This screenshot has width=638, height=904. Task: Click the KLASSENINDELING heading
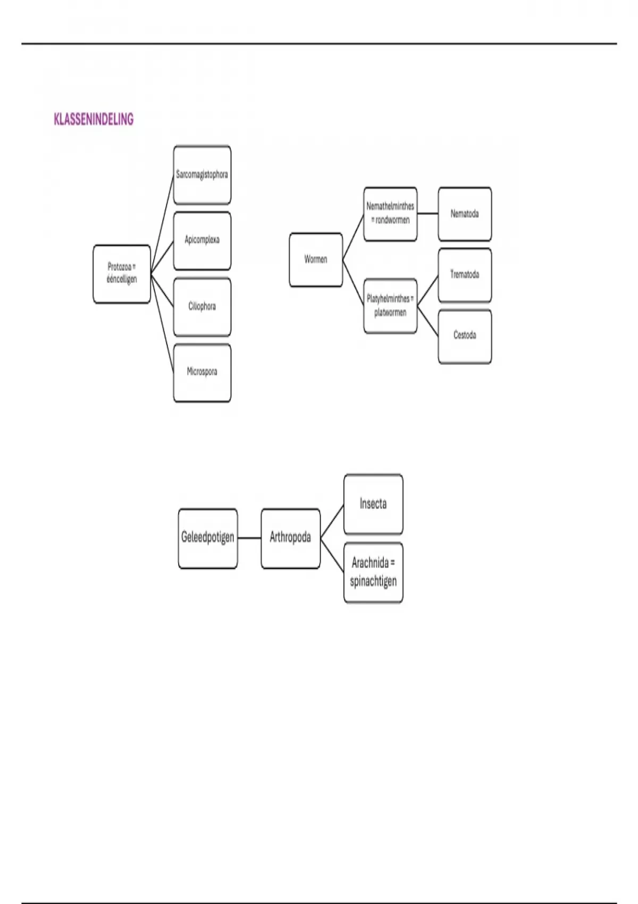pos(94,120)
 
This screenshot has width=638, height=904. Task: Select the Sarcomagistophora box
pos(202,175)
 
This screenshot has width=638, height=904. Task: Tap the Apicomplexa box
pos(202,241)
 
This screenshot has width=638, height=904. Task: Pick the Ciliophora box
pos(202,307)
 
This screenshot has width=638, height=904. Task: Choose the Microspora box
pos(202,373)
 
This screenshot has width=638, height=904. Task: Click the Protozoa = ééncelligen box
pos(122,274)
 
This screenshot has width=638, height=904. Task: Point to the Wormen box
pos(316,260)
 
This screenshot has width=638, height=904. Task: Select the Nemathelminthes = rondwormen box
pos(390,214)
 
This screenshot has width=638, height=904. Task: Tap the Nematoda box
pos(465,214)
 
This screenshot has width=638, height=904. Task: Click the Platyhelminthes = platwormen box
pos(390,306)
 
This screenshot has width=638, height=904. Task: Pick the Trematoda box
pos(465,275)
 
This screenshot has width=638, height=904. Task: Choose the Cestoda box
pos(465,337)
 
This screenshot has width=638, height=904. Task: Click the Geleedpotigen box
pos(208,538)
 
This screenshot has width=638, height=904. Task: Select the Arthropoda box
pos(290,538)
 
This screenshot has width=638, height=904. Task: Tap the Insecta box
pos(373,504)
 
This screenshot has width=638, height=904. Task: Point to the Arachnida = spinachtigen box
pos(373,573)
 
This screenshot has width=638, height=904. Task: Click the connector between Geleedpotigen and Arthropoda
pos(249,538)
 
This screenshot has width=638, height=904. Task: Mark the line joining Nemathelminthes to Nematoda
pos(428,213)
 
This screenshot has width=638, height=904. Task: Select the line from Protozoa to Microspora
pos(162,323)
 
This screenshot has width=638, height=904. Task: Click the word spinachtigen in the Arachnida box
pos(373,582)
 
